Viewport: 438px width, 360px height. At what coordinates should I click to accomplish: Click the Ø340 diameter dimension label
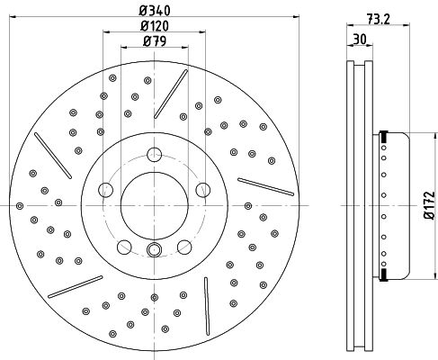coord(155,11)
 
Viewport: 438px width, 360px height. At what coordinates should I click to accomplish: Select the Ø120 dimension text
coord(155,26)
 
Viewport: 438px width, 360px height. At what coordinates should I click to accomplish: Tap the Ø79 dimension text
coord(155,41)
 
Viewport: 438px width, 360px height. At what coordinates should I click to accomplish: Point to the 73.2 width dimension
coord(379,20)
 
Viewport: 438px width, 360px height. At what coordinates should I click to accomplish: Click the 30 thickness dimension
coord(360,39)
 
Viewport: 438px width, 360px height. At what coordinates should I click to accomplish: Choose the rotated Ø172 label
coord(429,205)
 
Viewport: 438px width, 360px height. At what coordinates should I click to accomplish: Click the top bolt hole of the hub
coord(155,155)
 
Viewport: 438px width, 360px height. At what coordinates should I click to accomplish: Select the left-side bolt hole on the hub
coord(105,190)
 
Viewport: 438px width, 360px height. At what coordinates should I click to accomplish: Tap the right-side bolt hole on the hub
coord(203,190)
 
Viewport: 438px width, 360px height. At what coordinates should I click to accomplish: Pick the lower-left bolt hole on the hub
coord(124,247)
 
